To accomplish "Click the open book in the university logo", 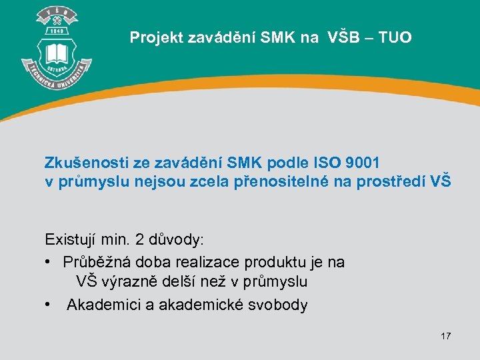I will click(56, 53).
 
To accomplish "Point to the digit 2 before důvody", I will click(139, 239).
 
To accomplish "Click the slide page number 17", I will click(445, 336).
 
